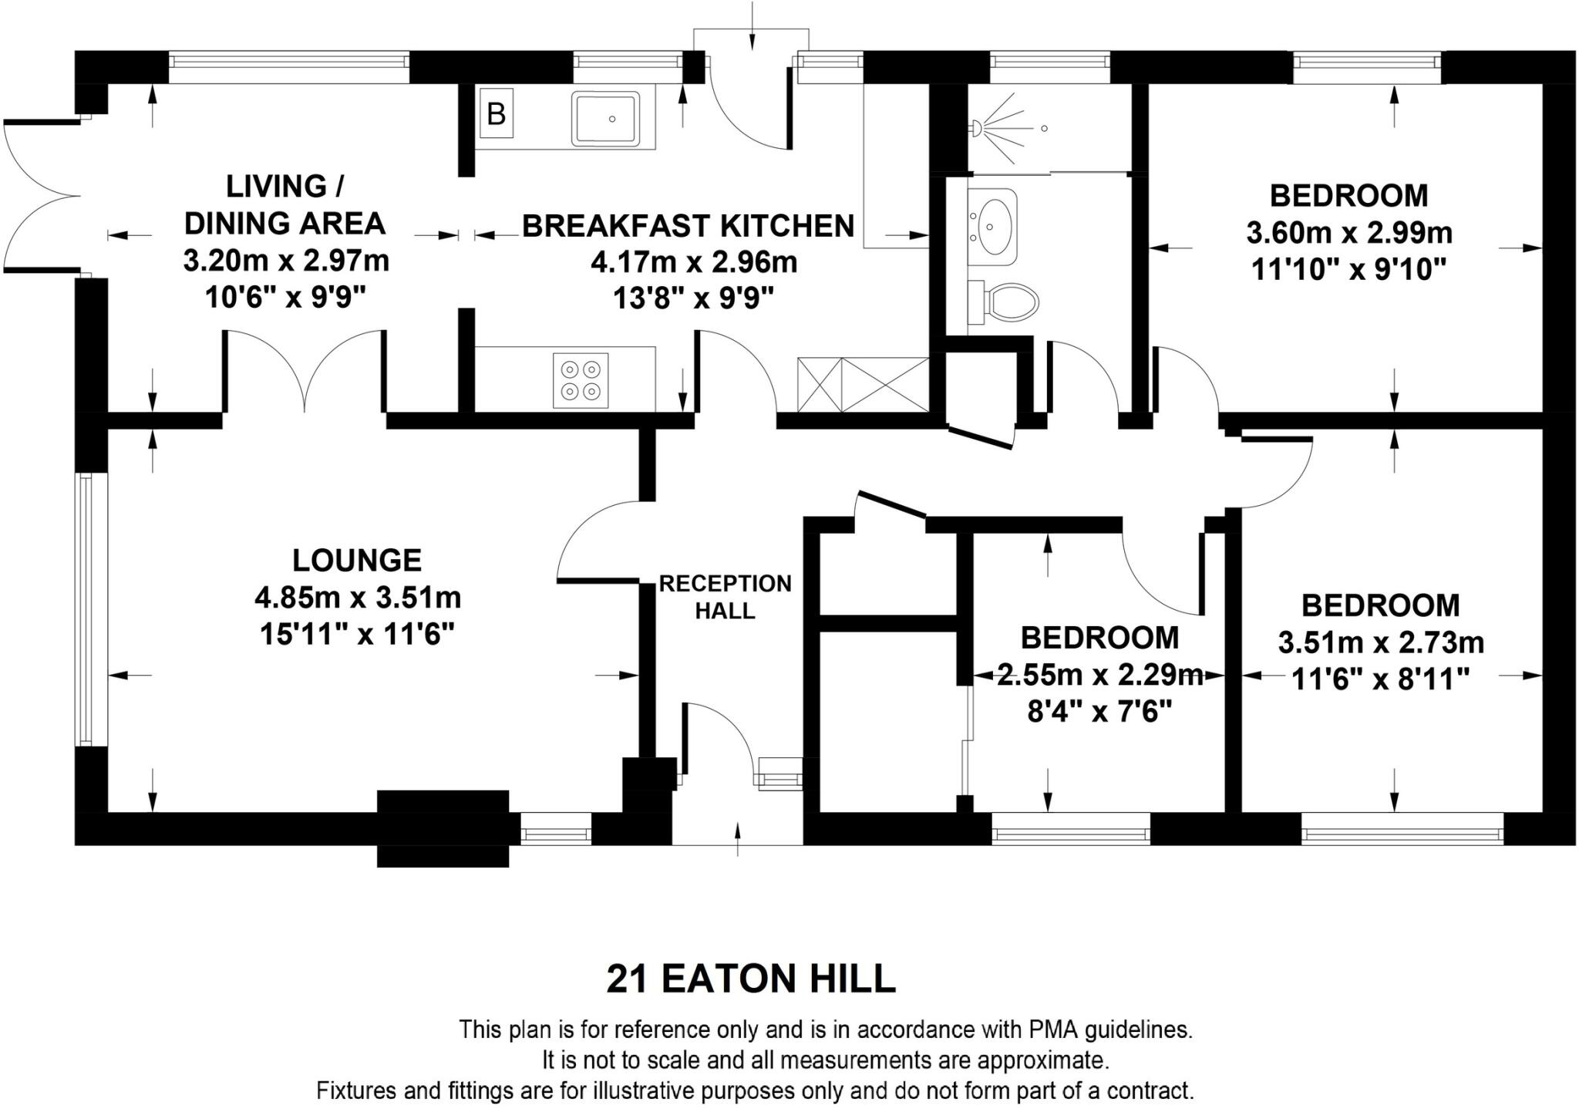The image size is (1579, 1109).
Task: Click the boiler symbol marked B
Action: click(x=496, y=114)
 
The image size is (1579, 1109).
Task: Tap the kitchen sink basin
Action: click(x=606, y=119)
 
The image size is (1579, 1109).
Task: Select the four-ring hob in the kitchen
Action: click(x=581, y=380)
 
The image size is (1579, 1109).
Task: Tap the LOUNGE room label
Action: click(x=357, y=560)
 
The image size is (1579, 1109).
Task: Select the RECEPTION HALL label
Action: click(x=725, y=597)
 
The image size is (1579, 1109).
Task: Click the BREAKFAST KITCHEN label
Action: click(x=688, y=226)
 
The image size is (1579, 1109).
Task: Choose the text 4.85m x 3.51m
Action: click(x=358, y=597)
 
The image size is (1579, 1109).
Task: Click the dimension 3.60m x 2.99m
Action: click(x=1349, y=232)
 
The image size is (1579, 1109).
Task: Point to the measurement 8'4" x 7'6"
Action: click(x=1099, y=711)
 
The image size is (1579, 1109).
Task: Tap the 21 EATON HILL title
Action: click(x=751, y=979)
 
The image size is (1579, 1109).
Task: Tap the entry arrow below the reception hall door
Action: click(x=738, y=839)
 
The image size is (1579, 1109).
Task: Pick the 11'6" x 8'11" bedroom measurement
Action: click(x=1380, y=679)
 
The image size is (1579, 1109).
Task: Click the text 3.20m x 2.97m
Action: click(x=286, y=261)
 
